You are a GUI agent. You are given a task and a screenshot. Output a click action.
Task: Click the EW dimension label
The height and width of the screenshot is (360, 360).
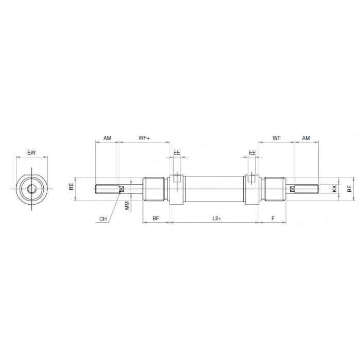[x=31, y=153]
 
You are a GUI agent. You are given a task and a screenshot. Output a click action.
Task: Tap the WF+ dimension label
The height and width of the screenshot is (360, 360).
[x=144, y=138]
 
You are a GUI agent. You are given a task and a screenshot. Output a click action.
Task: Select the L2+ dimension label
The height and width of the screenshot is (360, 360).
[x=217, y=219]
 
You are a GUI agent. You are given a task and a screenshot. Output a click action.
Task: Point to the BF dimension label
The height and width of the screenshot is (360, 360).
[x=156, y=219]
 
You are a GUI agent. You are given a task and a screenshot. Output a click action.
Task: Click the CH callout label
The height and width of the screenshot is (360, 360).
[x=103, y=219]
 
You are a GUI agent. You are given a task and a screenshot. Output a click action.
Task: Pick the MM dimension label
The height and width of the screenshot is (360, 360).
[x=127, y=206]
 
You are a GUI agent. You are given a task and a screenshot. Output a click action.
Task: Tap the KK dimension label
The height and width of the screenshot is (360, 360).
[x=334, y=189]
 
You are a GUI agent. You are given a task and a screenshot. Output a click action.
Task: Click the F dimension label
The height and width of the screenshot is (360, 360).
[x=273, y=219]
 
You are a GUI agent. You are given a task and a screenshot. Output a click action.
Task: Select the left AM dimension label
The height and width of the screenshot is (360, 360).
[x=107, y=138]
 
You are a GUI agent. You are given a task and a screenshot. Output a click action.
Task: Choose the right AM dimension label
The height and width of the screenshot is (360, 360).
[x=306, y=138]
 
